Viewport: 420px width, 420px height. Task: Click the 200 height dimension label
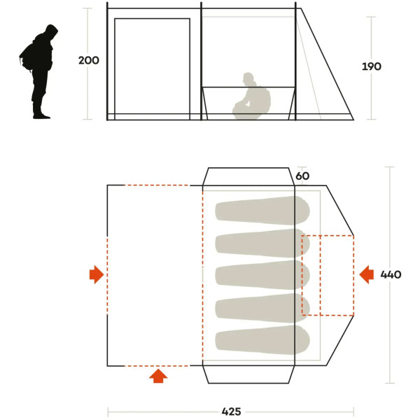[89, 60]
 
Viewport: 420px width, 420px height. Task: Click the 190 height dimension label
[371, 66]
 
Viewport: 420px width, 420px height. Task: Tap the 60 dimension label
[302, 176]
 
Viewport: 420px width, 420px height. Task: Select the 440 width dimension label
[391, 274]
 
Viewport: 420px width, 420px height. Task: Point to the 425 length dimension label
[232, 412]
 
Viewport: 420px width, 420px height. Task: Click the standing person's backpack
[27, 57]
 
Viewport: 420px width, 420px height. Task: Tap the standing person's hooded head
[51, 32]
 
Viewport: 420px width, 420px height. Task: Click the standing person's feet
[41, 115]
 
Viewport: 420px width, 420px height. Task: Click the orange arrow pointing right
[97, 274]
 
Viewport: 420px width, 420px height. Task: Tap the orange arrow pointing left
[366, 274]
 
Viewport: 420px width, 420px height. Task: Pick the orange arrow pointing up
[158, 376]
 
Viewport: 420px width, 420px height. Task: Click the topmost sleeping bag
[262, 210]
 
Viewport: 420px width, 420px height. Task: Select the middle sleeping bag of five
[262, 275]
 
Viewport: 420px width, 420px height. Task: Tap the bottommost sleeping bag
[262, 340]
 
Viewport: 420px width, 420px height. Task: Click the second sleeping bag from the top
[262, 243]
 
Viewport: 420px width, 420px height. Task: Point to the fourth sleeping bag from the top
[262, 307]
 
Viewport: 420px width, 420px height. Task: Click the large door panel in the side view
[152, 19]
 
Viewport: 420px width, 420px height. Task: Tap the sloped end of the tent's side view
[328, 64]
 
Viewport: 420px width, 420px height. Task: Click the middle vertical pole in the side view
[201, 61]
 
